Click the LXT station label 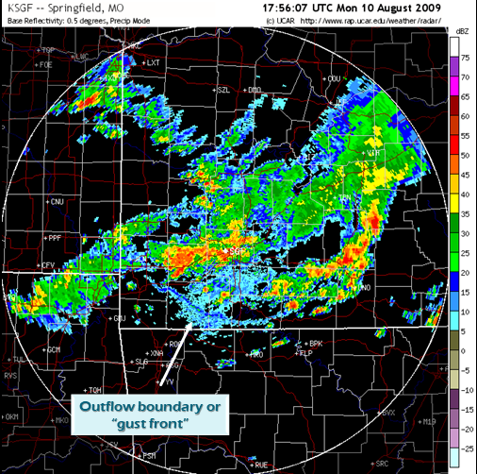pos(156,63)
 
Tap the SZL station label pos(223,91)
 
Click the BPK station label pos(317,344)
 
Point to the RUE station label pos(261,465)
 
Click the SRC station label pos(382,464)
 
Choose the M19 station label pos(430,421)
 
